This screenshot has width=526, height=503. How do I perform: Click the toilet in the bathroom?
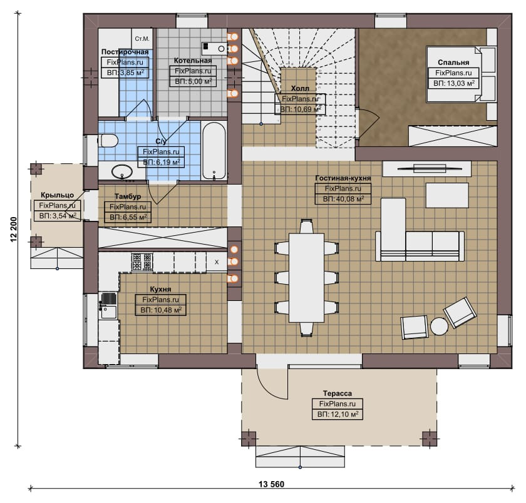click(108, 140)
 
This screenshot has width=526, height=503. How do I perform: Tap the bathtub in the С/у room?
click(214, 151)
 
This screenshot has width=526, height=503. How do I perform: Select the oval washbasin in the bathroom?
click(122, 171)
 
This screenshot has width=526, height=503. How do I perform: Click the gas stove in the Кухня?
click(142, 262)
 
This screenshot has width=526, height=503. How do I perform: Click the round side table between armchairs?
click(439, 326)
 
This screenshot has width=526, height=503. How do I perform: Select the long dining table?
click(307, 278)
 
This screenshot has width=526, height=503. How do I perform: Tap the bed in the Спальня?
click(461, 74)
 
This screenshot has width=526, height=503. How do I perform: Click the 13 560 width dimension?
click(271, 484)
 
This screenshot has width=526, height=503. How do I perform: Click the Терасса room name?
click(338, 394)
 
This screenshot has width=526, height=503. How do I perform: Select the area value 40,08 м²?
click(343, 199)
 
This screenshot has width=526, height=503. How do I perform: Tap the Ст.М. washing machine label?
click(142, 39)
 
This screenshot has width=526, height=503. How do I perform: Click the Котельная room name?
click(193, 61)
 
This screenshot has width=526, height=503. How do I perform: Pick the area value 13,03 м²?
click(454, 83)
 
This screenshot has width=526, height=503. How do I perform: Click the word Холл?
click(300, 88)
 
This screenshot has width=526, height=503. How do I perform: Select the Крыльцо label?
click(58, 195)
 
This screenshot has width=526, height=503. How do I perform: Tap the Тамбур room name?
click(128, 196)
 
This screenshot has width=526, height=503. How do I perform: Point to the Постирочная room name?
click(125, 52)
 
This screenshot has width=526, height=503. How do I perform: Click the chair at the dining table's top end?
click(307, 226)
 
